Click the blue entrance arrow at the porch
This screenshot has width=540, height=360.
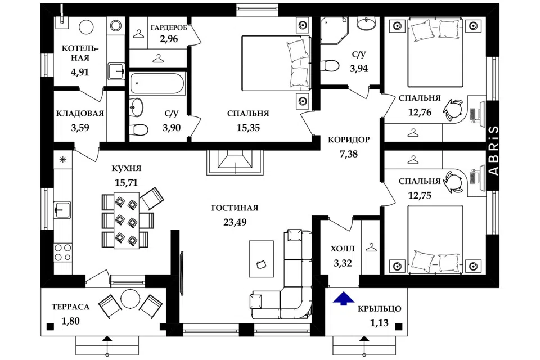[x=344, y=299]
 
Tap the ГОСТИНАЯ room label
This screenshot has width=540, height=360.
[x=235, y=208]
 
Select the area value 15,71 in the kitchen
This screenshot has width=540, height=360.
[x=126, y=183]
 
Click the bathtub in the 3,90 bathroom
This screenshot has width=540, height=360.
[x=158, y=83]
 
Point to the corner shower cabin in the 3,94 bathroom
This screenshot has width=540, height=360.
[x=334, y=30]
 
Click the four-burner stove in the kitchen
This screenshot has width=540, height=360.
[x=62, y=252]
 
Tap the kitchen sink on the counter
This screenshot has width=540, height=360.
[x=62, y=210]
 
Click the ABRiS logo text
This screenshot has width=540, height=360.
[x=494, y=150]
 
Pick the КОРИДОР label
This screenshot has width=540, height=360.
[x=349, y=139]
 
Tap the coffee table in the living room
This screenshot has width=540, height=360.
[x=262, y=259]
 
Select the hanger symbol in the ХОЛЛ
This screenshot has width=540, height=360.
[x=371, y=247]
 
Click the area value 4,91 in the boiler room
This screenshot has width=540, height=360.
[x=80, y=72]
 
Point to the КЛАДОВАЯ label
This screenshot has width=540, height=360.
[x=80, y=113]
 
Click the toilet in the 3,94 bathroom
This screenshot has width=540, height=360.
[x=330, y=65]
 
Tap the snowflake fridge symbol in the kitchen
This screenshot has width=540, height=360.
[x=63, y=160]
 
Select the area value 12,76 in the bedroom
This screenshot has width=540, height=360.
[x=420, y=112]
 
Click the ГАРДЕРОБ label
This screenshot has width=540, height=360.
[x=169, y=28]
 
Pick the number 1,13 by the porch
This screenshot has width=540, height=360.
[x=380, y=323]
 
